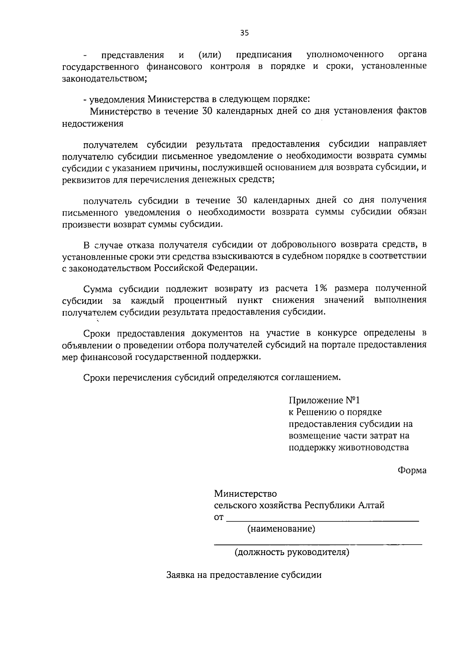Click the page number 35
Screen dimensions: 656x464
244,33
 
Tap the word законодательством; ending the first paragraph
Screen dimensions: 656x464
104,78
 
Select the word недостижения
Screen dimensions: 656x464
92,124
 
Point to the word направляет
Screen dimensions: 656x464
402,145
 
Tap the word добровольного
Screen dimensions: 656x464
304,245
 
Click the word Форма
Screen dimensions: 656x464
412,470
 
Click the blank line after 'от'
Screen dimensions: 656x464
322,520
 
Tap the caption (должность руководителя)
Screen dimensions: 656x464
292,552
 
